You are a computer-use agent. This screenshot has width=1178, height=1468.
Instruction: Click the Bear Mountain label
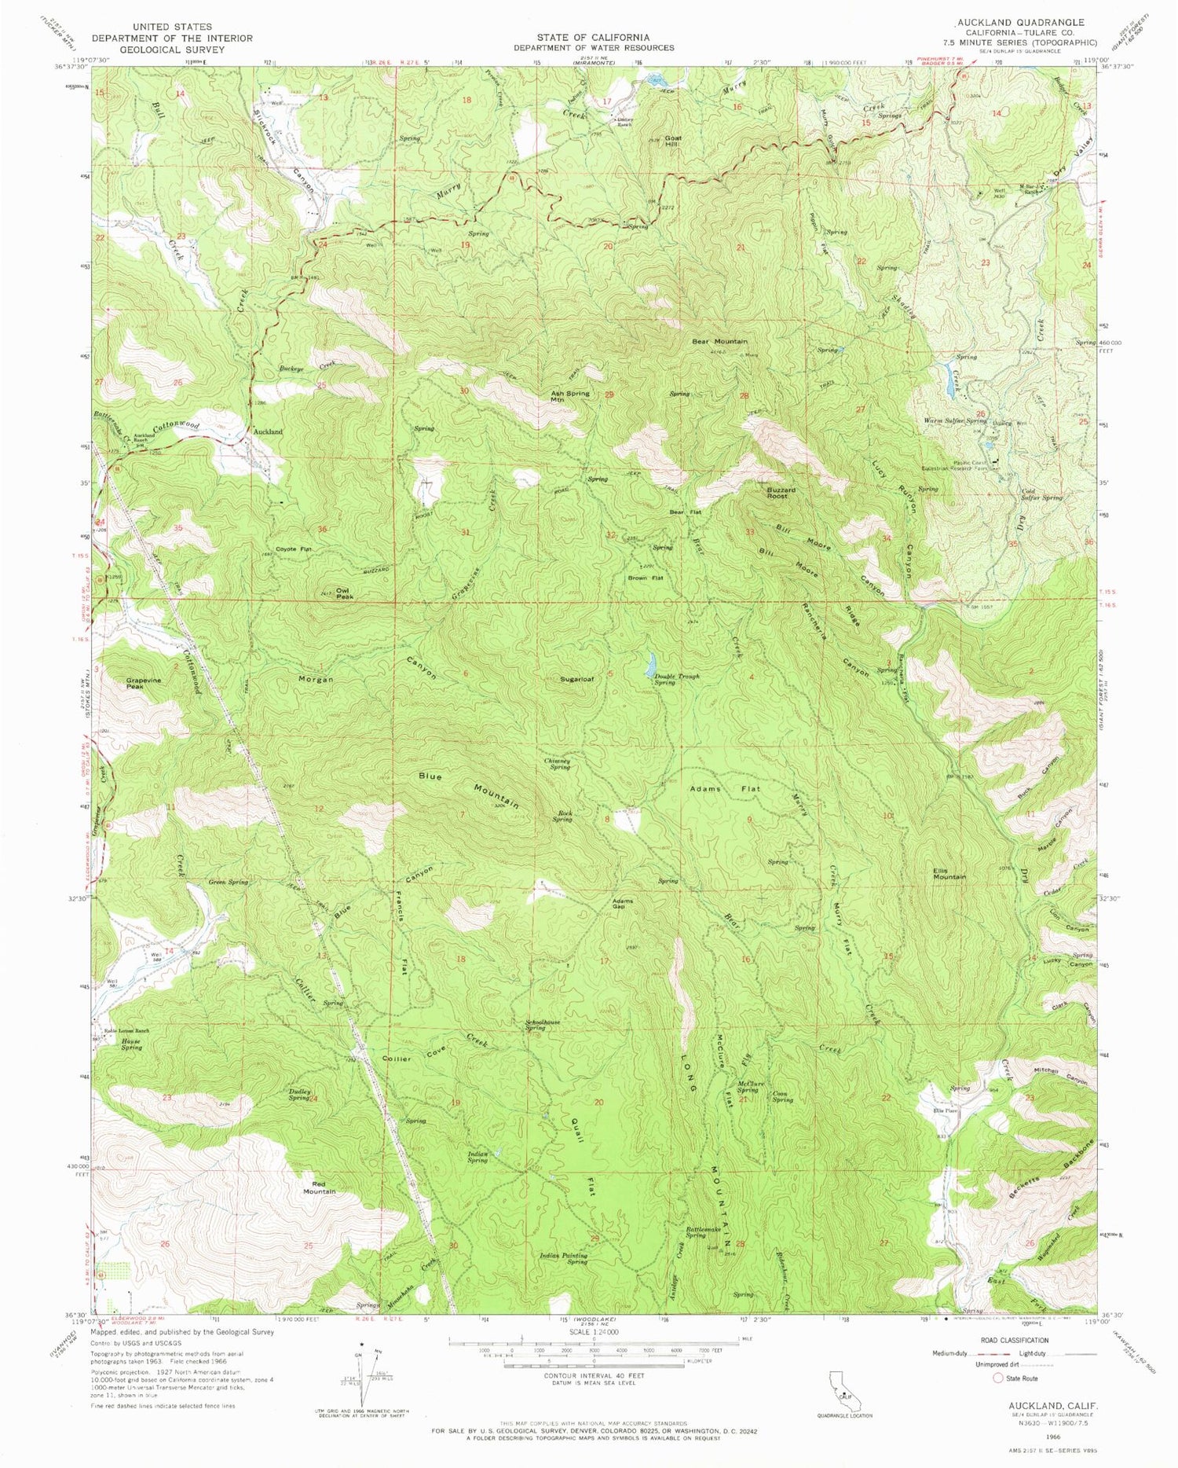point(719,342)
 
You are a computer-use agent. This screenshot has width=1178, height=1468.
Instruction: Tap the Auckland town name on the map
point(266,431)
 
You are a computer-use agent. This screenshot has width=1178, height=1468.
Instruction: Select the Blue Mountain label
point(469,789)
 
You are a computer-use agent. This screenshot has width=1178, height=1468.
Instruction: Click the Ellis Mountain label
point(949,874)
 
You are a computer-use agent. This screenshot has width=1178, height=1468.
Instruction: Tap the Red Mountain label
point(320,1187)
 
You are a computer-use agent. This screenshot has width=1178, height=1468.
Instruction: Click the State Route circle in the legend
point(999,1378)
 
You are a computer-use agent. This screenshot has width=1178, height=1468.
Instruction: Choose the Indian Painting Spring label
point(564,1259)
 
